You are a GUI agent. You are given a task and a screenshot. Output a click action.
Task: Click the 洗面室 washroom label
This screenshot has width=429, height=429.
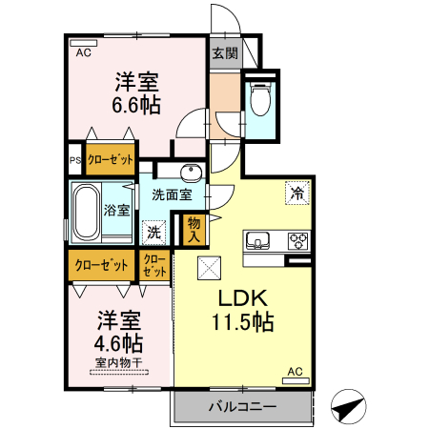(x=172, y=195)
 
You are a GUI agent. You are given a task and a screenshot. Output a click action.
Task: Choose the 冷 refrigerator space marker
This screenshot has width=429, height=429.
(x=297, y=193)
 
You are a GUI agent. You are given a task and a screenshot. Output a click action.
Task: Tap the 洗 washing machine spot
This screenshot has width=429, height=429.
(x=153, y=230)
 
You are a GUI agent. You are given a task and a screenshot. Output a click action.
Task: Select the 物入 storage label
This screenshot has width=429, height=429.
(x=194, y=229)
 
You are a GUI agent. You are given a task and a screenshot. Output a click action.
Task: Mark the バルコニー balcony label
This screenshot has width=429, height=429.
(x=242, y=407)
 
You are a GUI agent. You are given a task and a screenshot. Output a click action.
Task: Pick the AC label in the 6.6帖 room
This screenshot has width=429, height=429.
(x=82, y=52)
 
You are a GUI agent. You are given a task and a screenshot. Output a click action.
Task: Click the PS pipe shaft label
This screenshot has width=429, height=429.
(x=74, y=160)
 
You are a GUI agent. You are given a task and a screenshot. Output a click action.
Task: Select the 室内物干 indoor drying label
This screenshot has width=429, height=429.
(x=117, y=362)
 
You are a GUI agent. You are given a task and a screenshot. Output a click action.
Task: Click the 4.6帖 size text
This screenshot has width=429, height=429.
(x=117, y=341)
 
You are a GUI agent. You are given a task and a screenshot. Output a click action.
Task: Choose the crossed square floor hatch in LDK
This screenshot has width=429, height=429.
(x=208, y=269)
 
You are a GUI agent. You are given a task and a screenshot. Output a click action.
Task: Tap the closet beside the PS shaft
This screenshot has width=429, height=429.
(x=111, y=160)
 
